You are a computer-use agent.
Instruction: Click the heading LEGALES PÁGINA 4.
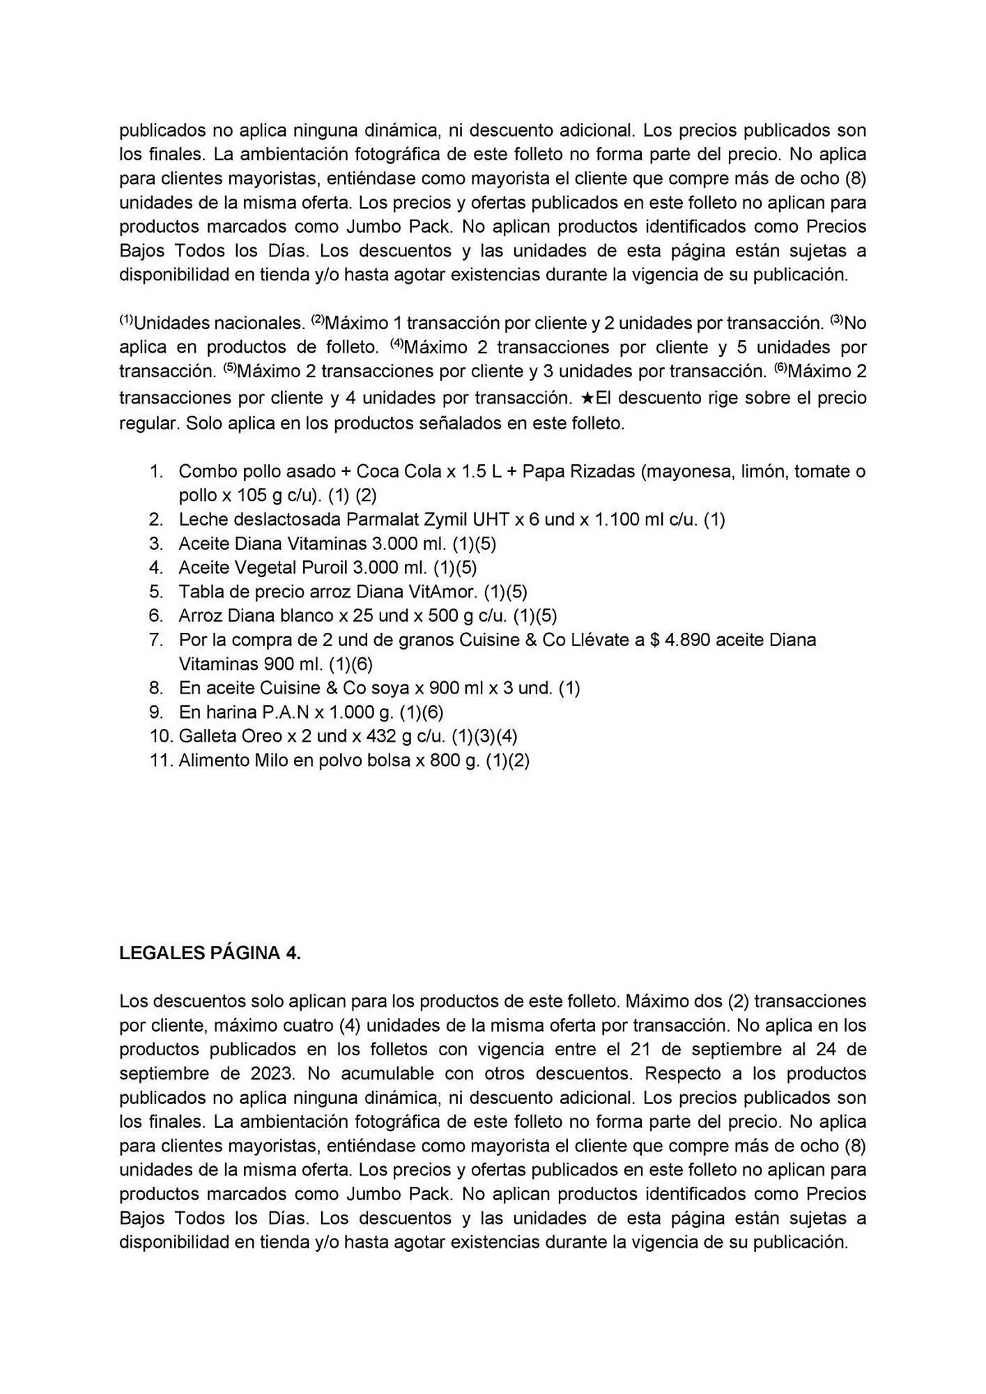(210, 953)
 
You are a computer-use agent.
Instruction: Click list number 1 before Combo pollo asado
(156, 471)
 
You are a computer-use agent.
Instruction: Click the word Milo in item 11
(273, 760)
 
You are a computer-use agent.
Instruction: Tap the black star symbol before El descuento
(587, 399)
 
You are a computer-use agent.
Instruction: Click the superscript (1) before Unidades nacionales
(126, 320)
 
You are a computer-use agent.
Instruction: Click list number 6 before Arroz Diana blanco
(156, 615)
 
